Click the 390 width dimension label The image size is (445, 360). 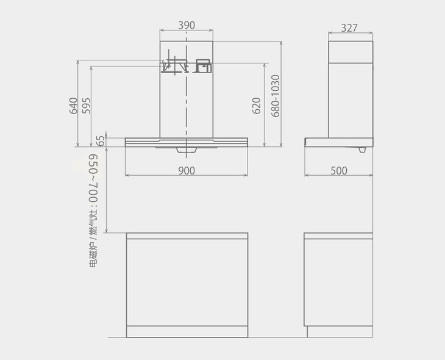187,25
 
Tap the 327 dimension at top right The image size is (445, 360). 349,28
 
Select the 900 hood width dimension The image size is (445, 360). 187,170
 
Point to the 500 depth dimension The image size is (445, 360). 339,170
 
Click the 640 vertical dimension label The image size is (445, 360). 73,106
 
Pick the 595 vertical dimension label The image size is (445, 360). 87,106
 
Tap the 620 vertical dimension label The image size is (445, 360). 256,106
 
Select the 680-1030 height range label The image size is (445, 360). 276,96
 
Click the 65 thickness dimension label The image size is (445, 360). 100,141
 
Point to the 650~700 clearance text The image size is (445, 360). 93,178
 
